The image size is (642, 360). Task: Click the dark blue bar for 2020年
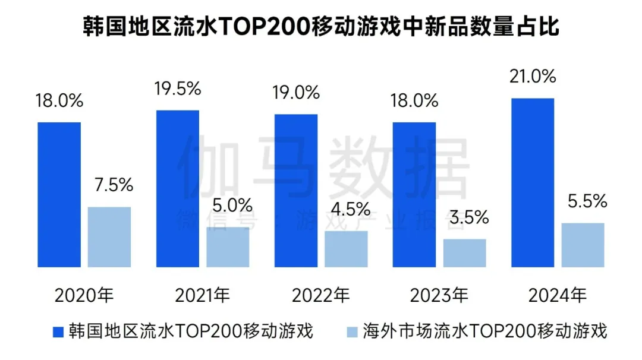click(59, 195)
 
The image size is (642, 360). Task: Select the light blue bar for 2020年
click(109, 237)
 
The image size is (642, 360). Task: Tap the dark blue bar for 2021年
click(177, 189)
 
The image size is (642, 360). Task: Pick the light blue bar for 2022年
click(346, 249)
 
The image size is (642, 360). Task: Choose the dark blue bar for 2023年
click(414, 195)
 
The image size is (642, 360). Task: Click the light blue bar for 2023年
click(464, 253)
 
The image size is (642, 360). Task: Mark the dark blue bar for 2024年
click(532, 183)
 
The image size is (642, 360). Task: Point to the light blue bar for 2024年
click(583, 245)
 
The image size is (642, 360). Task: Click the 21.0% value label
click(533, 77)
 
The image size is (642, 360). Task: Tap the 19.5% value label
click(178, 89)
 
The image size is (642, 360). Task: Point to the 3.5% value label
click(465, 217)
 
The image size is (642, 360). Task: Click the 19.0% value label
click(296, 92)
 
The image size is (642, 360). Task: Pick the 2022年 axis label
click(322, 295)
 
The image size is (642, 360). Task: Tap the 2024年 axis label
click(558, 295)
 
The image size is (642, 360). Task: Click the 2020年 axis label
click(84, 295)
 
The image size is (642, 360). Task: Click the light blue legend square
click(352, 331)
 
